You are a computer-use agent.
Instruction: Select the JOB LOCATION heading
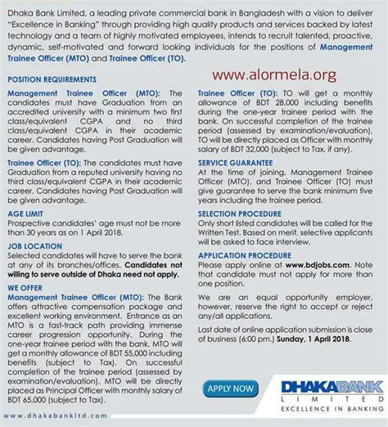(x=35, y=246)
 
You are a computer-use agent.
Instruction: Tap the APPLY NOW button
(x=232, y=387)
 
